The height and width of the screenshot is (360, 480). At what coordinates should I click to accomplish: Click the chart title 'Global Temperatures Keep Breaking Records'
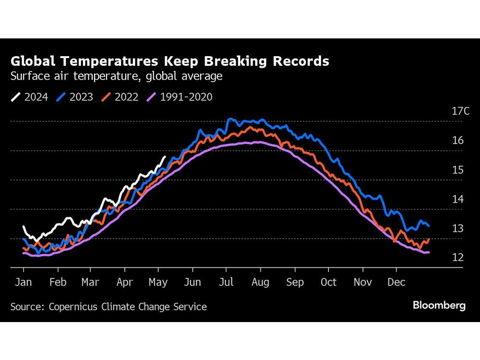[x=170, y=61]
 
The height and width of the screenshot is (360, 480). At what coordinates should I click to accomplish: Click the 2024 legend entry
[x=30, y=97]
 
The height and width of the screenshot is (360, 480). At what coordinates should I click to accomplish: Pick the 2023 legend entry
[x=75, y=97]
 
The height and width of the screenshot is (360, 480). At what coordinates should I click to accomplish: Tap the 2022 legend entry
[x=120, y=97]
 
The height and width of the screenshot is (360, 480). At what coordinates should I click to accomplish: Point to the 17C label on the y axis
[x=460, y=111]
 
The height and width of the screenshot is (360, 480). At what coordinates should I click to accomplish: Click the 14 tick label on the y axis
[x=457, y=199]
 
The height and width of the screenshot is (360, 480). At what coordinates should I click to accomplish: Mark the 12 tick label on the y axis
[x=457, y=258]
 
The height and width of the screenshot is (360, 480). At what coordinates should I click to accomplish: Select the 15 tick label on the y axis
[x=457, y=170]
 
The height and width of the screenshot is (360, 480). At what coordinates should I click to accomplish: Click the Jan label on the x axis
[x=24, y=282]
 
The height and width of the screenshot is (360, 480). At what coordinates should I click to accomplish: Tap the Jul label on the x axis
[x=226, y=282]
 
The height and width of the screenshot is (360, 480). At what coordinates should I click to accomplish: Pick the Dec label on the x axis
[x=396, y=282]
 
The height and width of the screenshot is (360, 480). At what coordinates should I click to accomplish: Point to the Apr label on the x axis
[x=125, y=282]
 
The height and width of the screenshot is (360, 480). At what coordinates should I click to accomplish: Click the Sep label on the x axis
[x=294, y=282]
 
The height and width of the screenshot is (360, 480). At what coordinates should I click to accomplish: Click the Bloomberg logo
[x=439, y=306]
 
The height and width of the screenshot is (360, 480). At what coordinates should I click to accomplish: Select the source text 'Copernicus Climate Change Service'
[x=128, y=307]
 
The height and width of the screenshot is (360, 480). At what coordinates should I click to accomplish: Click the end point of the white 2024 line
[x=166, y=156]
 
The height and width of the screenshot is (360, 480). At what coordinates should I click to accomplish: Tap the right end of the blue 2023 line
[x=429, y=226]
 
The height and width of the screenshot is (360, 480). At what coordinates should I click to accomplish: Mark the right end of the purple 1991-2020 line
[x=428, y=252]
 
